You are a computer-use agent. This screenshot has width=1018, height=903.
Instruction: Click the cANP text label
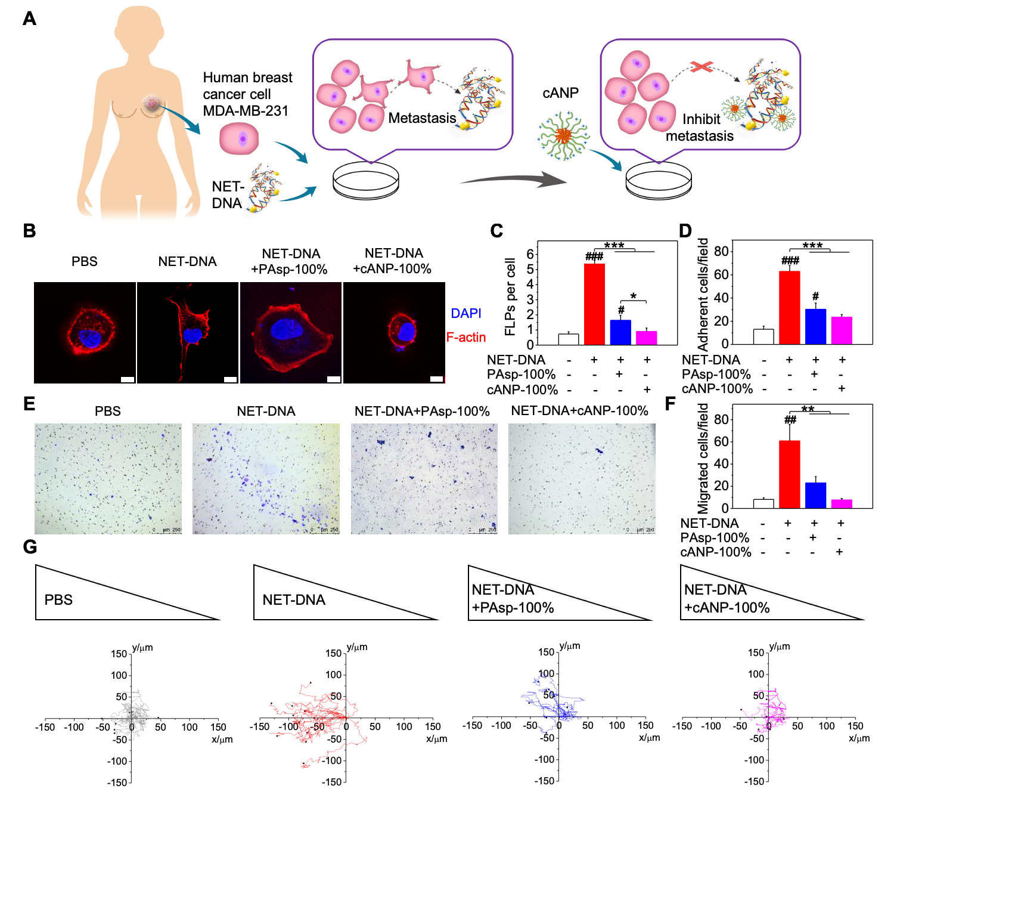coord(560,93)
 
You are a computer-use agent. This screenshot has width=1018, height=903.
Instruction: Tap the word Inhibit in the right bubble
coord(701,119)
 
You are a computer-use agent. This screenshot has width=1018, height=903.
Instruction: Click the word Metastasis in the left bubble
coord(422,118)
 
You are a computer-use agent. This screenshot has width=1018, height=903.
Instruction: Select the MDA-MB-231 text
coord(246,111)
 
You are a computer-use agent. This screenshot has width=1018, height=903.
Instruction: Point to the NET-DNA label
coord(228,195)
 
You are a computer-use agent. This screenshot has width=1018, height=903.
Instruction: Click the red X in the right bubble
coord(702,66)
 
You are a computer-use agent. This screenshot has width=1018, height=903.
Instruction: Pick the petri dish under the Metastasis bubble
coord(365,180)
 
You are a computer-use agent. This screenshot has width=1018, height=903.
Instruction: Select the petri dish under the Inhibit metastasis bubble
coord(659,181)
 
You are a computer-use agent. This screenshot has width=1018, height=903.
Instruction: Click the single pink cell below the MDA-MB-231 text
coord(239,139)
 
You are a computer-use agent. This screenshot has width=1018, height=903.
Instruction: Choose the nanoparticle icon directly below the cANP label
coord(563,136)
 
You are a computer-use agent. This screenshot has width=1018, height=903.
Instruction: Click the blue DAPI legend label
coord(466,314)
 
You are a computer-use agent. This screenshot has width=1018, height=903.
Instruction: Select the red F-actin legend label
coord(466,338)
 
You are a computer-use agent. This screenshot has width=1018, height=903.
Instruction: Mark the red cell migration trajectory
coord(316,719)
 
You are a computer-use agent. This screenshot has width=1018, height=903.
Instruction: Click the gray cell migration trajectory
coord(133,715)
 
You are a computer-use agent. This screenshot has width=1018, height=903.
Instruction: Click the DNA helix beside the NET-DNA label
coord(265,187)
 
